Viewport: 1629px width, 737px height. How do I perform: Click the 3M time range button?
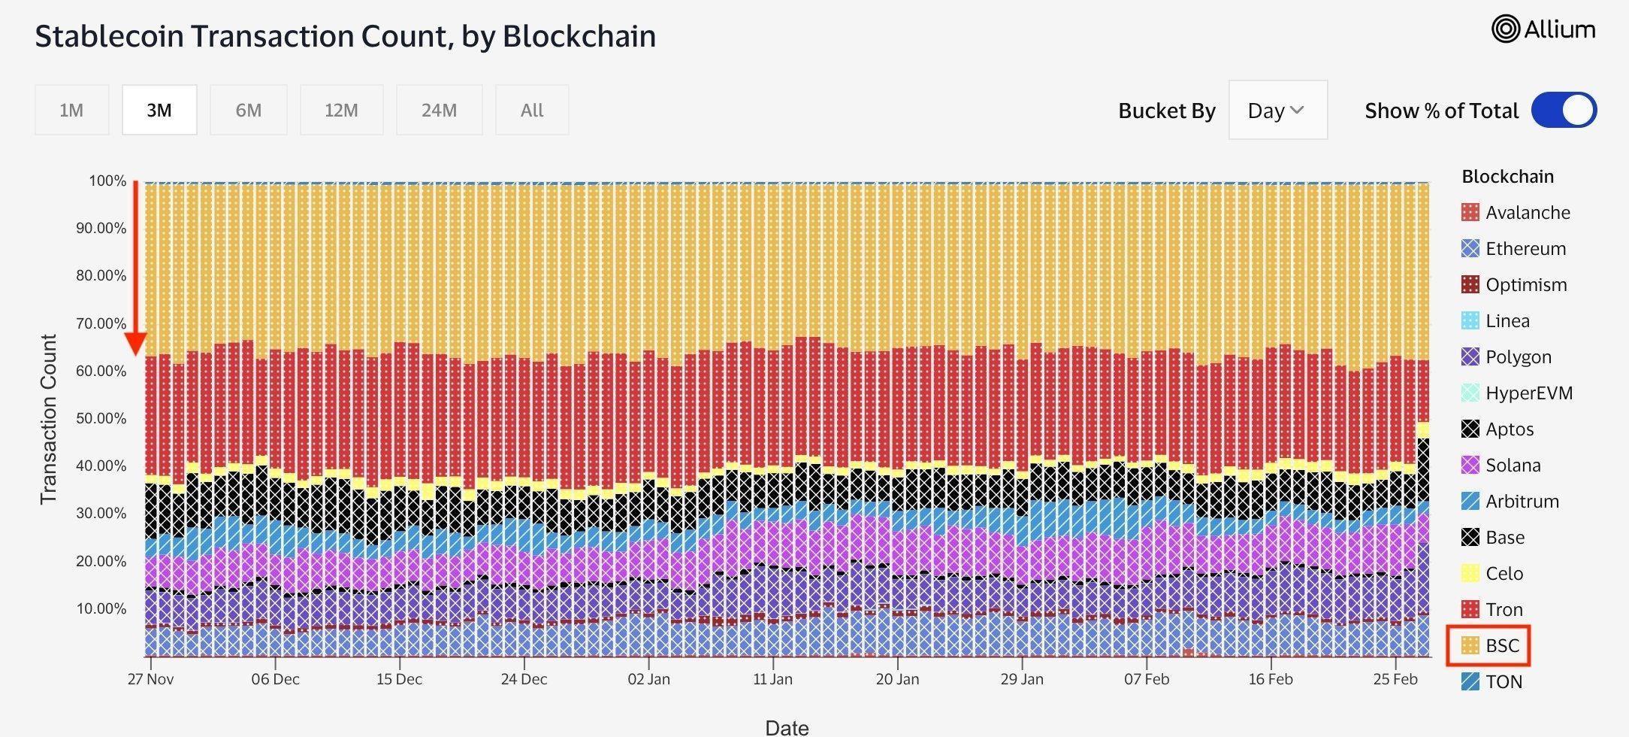[x=159, y=111]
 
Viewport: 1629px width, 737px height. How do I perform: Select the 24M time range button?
[x=439, y=111]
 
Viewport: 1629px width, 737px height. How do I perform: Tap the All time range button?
[x=532, y=111]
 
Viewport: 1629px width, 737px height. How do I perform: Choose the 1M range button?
[x=71, y=111]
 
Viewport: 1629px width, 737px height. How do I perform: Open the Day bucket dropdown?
[x=1277, y=111]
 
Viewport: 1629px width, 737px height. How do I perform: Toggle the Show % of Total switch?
[x=1564, y=111]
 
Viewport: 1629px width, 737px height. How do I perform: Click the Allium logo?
[x=1543, y=29]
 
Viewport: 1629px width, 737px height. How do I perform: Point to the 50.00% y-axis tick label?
[x=101, y=418]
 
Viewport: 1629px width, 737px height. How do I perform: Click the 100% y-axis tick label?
[x=107, y=180]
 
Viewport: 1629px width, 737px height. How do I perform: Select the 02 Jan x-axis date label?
[x=648, y=679]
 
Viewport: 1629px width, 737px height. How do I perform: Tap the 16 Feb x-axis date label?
[x=1271, y=679]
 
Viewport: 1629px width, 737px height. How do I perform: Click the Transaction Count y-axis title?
[x=48, y=419]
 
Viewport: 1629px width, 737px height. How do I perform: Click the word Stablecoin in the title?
[x=108, y=36]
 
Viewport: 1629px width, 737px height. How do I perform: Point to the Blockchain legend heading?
[x=1507, y=177]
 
